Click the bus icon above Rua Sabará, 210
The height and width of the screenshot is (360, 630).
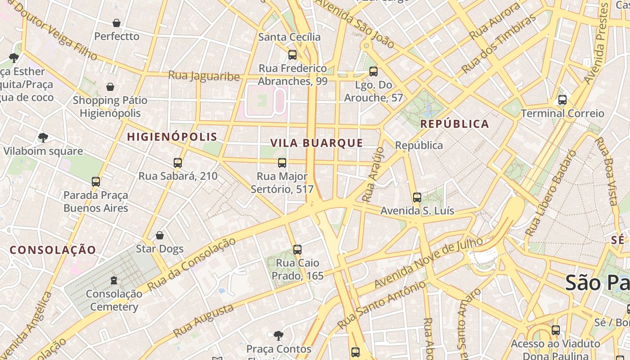[x=178, y=163]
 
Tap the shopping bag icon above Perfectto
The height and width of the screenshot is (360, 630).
[x=117, y=23]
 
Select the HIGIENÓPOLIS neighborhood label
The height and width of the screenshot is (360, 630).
[x=172, y=137]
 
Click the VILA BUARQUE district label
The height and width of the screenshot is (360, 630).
[x=316, y=143]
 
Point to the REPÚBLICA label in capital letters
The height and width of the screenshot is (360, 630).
[x=454, y=124]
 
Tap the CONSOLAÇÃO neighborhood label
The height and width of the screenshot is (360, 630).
[x=53, y=250]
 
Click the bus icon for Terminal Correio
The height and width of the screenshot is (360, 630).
[x=562, y=100]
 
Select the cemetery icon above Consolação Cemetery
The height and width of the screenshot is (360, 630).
[x=114, y=280]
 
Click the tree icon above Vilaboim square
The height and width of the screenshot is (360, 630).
[x=43, y=138]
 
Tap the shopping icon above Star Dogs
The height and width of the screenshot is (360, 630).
[x=159, y=235]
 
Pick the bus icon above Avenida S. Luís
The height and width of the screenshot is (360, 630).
[x=417, y=197]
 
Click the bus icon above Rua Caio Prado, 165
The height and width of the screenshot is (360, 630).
[x=297, y=250]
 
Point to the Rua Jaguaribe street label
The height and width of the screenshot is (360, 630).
[x=204, y=76]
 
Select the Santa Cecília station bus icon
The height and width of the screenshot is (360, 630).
[x=292, y=55]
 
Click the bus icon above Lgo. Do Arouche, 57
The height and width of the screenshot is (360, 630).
[x=373, y=72]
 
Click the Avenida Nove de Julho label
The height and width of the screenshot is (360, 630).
[x=429, y=263]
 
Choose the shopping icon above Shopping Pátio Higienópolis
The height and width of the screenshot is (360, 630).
[x=110, y=87]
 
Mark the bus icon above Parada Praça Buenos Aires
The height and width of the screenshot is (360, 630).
[x=96, y=182]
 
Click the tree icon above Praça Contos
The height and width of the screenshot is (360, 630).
[x=279, y=335]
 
